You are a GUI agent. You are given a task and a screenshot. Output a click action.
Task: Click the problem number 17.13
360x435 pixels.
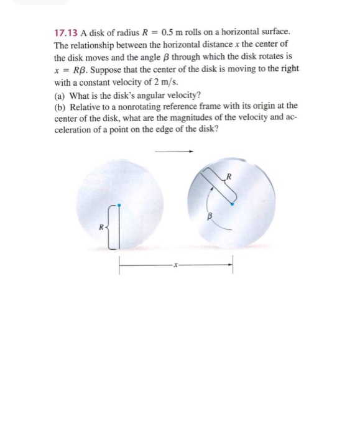coord(66,32)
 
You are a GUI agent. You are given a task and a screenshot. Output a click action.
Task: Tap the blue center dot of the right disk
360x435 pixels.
coord(232,203)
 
